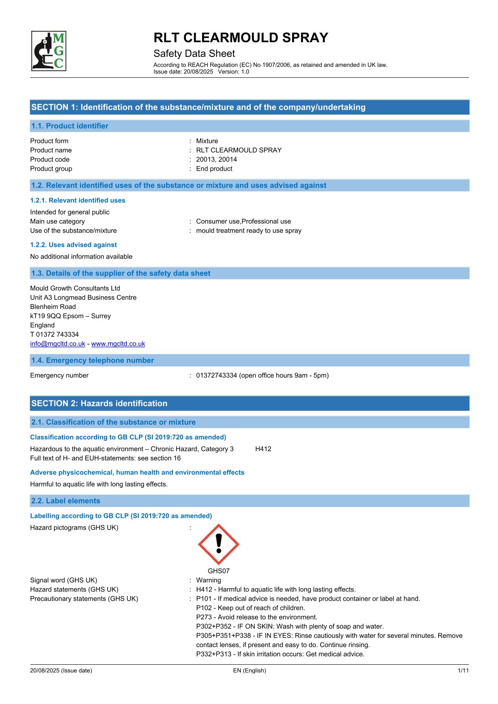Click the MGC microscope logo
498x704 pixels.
click(x=49, y=51)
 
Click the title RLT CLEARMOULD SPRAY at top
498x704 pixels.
click(x=241, y=38)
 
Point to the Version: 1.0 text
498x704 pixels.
click(x=234, y=72)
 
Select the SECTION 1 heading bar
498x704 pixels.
click(x=249, y=107)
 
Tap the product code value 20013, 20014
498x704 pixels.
click(x=216, y=159)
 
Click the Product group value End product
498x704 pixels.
click(x=214, y=169)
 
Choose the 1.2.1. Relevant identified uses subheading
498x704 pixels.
click(x=78, y=200)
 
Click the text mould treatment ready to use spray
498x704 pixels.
click(x=249, y=230)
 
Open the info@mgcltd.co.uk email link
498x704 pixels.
click(x=58, y=343)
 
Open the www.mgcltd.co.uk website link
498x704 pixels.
click(x=118, y=343)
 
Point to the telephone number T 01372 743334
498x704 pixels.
click(x=54, y=334)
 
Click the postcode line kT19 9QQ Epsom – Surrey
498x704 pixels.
click(x=70, y=316)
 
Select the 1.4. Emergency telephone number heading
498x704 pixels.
click(x=92, y=360)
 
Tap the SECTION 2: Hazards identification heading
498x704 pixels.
click(x=99, y=403)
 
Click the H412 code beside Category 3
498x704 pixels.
click(x=263, y=449)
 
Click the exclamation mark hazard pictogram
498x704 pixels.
click(x=218, y=544)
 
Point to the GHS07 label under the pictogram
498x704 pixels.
click(x=218, y=571)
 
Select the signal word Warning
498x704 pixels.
click(x=208, y=580)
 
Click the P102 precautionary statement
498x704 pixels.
click(x=250, y=608)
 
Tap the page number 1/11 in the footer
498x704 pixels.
click(x=463, y=671)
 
